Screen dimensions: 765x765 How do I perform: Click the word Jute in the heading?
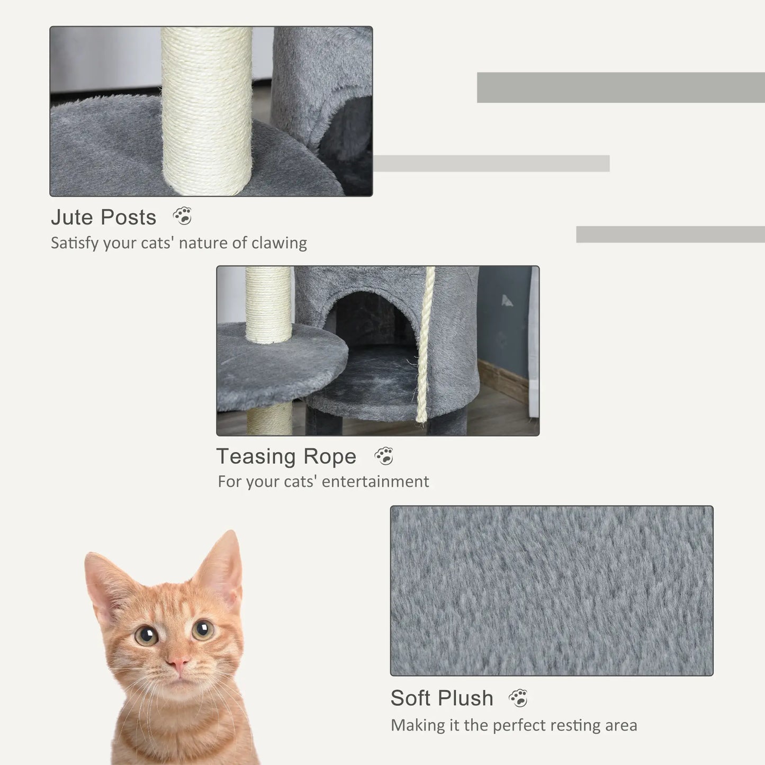pyautogui.click(x=72, y=218)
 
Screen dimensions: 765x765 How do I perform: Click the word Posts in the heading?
pyautogui.click(x=129, y=218)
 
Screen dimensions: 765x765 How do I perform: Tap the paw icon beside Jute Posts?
pyautogui.click(x=183, y=216)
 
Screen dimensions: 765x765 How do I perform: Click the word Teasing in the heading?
pyautogui.click(x=256, y=456)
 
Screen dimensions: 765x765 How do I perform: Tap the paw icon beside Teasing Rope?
pyautogui.click(x=384, y=456)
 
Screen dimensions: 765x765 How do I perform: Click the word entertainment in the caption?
pyautogui.click(x=375, y=481)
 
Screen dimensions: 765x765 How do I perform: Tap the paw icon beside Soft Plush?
pyautogui.click(x=519, y=698)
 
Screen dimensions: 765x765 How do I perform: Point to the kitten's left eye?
pyautogui.click(x=146, y=635)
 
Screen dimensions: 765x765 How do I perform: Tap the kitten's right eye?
pyautogui.click(x=203, y=629)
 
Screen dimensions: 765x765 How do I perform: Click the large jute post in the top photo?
pyautogui.click(x=207, y=111)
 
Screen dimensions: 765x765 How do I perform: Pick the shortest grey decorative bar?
pyautogui.click(x=670, y=235)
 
